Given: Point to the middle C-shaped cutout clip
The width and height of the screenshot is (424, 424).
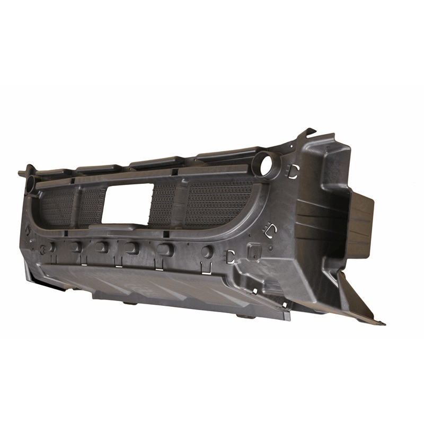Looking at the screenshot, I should coord(271,229).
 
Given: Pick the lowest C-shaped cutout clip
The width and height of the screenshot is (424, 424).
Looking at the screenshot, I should coord(231,256).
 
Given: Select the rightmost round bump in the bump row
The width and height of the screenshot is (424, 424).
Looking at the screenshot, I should coord(208,251).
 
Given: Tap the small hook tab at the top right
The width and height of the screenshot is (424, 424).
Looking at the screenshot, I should coord(309,131).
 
